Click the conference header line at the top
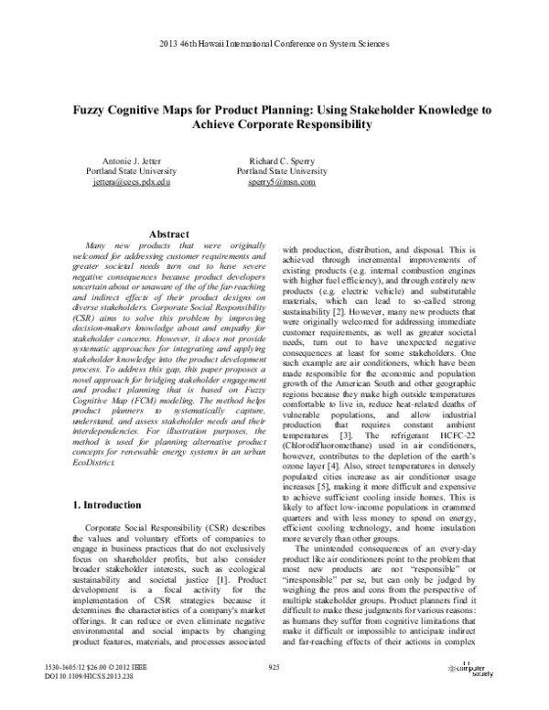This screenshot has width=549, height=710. point(274,46)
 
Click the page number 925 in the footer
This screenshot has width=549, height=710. point(274,667)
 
